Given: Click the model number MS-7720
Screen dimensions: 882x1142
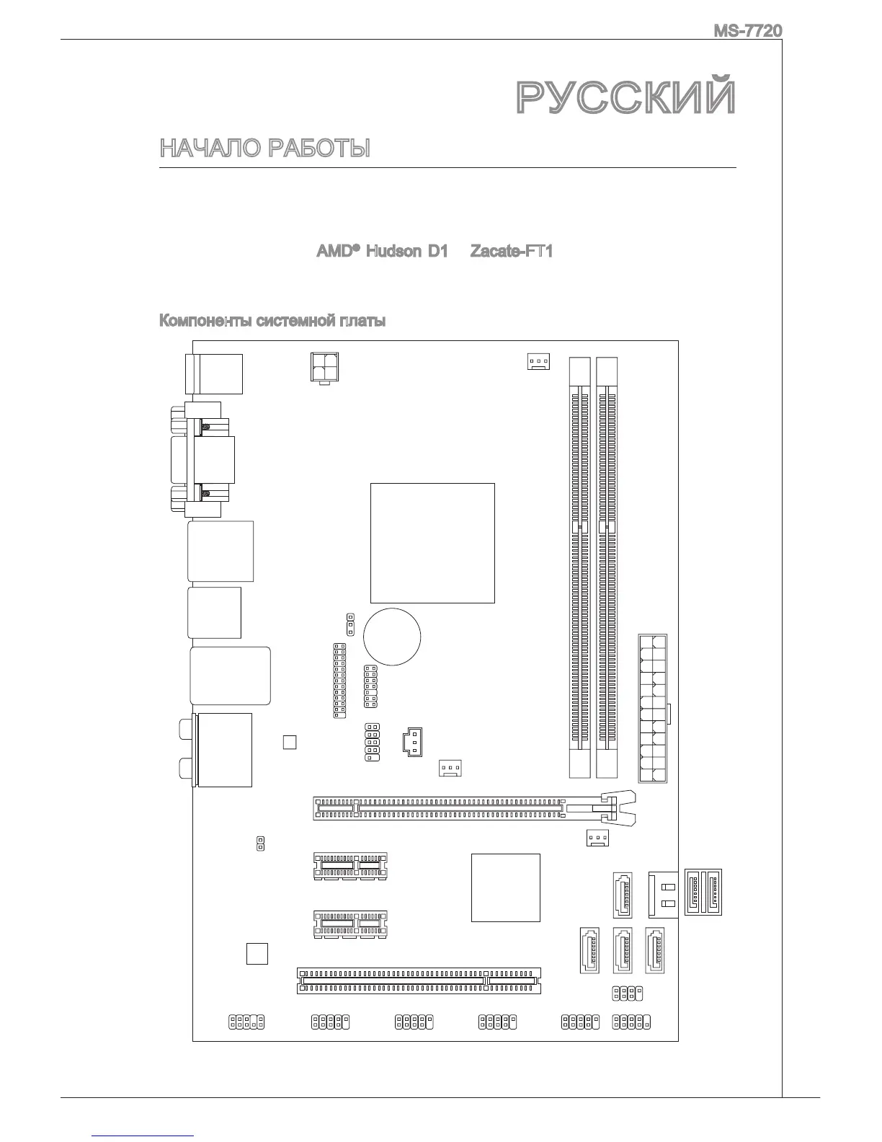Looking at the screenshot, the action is click(x=747, y=32).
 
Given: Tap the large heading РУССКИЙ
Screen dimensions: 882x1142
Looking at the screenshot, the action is click(x=626, y=97).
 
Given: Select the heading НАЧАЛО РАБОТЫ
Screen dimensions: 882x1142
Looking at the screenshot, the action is click(x=264, y=149).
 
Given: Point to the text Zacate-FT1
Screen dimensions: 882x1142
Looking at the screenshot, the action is click(x=511, y=252).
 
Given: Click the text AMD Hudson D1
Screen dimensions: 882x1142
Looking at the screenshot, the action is click(x=382, y=252).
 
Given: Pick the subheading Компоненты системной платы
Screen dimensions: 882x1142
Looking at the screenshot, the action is click(x=272, y=321).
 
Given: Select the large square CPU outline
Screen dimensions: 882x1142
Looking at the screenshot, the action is click(x=432, y=542).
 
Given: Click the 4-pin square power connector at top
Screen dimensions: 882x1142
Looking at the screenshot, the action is click(x=324, y=368).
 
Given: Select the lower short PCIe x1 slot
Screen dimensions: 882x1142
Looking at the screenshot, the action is click(x=350, y=924).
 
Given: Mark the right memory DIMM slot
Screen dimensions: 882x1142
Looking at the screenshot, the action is click(x=607, y=567).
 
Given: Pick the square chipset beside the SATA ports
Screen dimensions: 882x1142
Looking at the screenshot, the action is click(x=505, y=887).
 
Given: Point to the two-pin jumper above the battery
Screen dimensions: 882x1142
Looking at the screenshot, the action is click(x=350, y=620).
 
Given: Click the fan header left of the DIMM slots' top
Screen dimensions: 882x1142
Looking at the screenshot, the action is click(x=538, y=361).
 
